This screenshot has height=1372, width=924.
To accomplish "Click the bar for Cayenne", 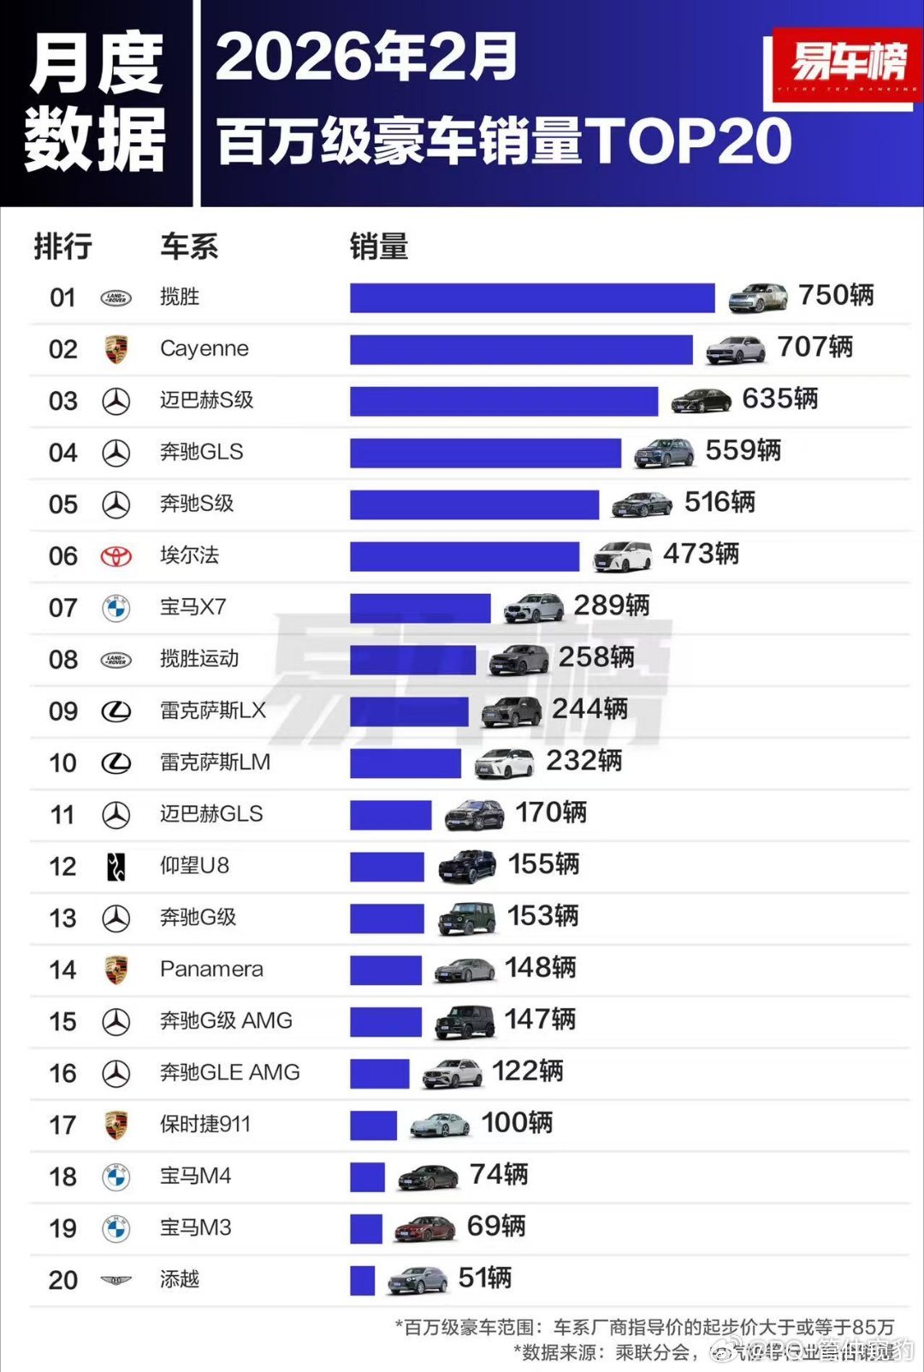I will (521, 349).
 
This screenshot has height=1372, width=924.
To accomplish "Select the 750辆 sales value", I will (835, 295).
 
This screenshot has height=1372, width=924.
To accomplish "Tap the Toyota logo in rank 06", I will (116, 556).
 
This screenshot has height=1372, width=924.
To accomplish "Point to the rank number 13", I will (62, 918).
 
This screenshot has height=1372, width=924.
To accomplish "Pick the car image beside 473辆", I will (622, 556).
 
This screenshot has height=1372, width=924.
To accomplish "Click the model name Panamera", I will (211, 969).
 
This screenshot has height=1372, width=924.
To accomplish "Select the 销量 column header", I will (378, 246).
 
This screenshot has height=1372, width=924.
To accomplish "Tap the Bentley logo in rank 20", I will (116, 1280).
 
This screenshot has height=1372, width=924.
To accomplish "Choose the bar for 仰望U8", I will (387, 866).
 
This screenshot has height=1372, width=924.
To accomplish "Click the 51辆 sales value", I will (484, 1278).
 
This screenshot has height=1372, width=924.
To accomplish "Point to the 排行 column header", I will (62, 246).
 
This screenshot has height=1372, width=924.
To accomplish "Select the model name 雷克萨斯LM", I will (215, 762).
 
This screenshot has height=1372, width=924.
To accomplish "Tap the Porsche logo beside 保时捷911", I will (116, 1125).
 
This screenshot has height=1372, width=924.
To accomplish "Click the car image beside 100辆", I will (440, 1125).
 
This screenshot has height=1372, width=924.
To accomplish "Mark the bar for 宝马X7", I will (420, 608).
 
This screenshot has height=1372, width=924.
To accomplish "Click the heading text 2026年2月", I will (365, 57).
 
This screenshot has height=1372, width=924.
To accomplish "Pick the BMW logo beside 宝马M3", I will (116, 1228).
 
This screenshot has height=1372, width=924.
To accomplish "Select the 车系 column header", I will (189, 246).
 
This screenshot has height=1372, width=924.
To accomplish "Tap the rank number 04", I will (62, 453).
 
